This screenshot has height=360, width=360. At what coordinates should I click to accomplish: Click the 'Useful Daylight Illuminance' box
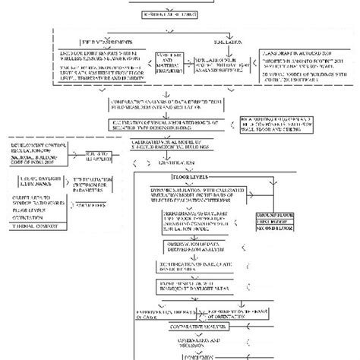(30, 179)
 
